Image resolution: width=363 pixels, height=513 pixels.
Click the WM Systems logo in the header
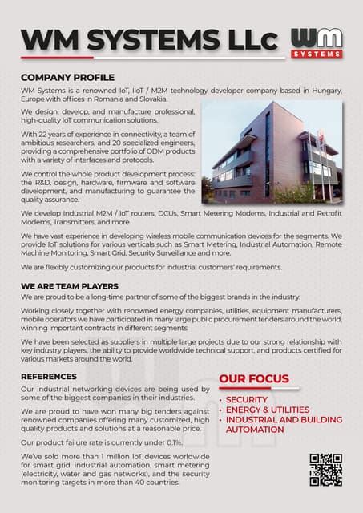(x=317, y=42)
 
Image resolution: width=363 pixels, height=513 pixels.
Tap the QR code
(x=325, y=469)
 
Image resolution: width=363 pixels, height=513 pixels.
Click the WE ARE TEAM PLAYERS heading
(x=70, y=285)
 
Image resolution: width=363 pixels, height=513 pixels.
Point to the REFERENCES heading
(x=49, y=376)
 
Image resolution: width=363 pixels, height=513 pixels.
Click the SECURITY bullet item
(x=246, y=399)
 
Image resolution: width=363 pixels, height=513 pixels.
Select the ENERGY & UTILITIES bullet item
(x=268, y=410)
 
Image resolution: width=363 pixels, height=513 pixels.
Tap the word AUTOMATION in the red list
(x=255, y=430)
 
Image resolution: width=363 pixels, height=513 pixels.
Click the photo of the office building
(x=272, y=152)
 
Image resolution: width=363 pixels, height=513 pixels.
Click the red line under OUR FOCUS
(x=259, y=389)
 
